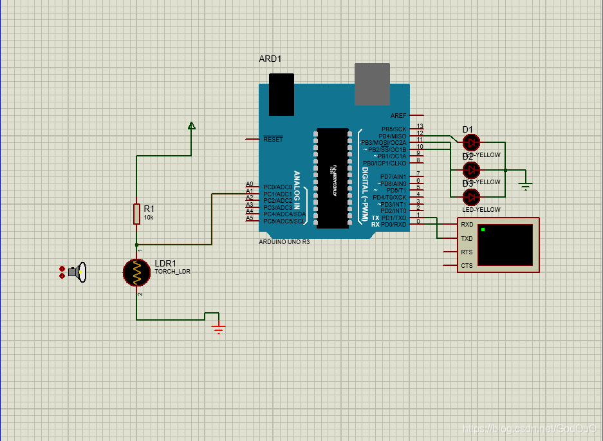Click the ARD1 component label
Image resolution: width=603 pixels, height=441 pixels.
point(270,59)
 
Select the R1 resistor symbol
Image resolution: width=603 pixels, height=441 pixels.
point(136,213)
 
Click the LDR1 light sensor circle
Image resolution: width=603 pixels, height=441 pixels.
point(136,272)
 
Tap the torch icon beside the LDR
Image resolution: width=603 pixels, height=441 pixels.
point(78,272)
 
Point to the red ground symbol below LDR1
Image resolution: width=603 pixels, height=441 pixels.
point(219,328)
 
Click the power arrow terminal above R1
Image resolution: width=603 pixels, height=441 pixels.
point(191,126)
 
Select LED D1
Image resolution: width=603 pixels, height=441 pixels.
point(471,142)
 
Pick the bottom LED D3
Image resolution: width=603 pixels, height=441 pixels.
point(471,196)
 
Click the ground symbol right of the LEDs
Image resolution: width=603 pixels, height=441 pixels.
point(526,186)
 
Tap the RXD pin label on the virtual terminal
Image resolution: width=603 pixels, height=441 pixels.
point(467,225)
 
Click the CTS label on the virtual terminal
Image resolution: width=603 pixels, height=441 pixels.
point(467,265)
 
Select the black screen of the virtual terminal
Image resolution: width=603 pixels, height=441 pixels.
point(505,245)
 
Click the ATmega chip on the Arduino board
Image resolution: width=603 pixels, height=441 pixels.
point(333,178)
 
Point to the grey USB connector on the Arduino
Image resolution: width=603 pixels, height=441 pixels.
point(372,84)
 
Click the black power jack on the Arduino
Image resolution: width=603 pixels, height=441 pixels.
point(281,95)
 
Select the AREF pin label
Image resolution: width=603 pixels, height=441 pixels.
point(398,116)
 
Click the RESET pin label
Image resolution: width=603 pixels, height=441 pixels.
point(273,139)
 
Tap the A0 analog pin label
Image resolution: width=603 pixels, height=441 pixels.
point(249,184)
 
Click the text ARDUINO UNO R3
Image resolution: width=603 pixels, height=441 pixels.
point(284,241)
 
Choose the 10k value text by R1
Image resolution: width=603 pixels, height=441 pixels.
point(149,218)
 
